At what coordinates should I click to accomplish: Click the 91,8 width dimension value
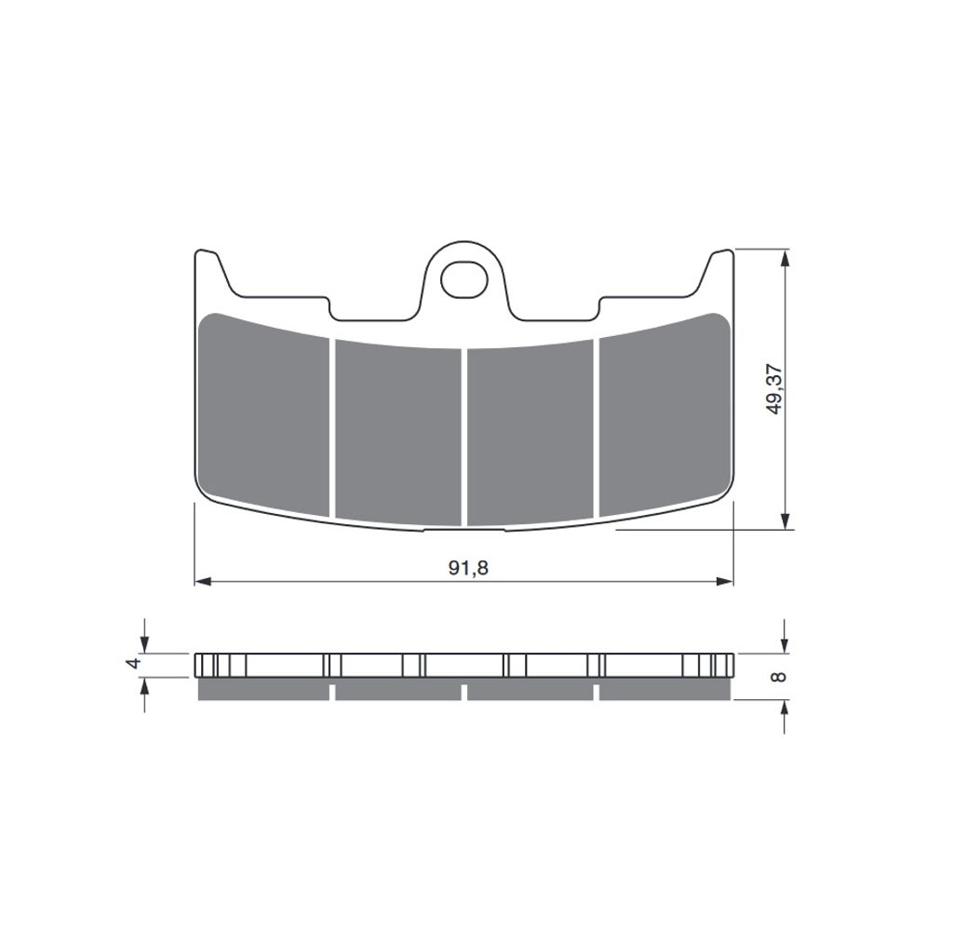468,568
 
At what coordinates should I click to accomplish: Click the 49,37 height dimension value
774,390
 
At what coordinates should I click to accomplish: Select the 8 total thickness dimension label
778,676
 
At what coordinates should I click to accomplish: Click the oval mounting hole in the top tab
464,280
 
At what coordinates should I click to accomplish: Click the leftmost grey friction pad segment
263,413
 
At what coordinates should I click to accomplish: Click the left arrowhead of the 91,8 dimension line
202,582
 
